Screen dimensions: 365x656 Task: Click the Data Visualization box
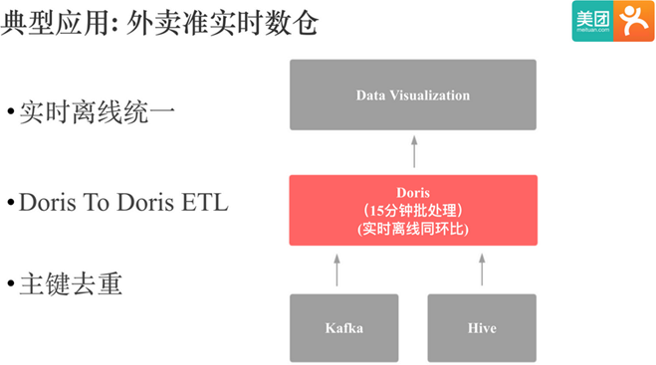412,94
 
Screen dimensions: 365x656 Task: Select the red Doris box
412,210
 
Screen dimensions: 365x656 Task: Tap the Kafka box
343,327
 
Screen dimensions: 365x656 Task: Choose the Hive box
481,327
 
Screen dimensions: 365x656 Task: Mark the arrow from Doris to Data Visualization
413,152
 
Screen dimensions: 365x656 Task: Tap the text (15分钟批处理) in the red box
412,210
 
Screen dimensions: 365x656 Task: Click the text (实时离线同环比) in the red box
412,229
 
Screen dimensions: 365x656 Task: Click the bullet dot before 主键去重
11,286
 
